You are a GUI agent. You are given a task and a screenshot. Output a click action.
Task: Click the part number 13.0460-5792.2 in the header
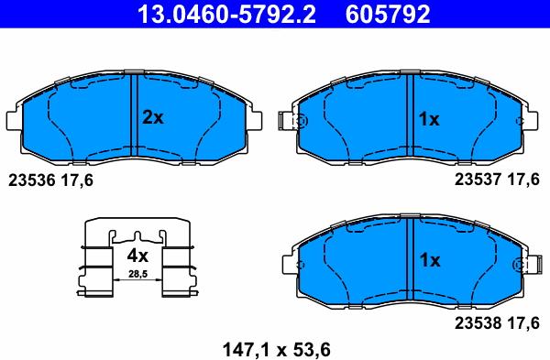tap(226, 14)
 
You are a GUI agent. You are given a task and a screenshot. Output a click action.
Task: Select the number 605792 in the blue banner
tap(388, 14)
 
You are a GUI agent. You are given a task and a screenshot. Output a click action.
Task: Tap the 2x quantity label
tap(153, 117)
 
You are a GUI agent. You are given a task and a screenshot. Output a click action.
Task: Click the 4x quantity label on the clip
tap(137, 256)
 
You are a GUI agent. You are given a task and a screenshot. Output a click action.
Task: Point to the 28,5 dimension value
tap(137, 274)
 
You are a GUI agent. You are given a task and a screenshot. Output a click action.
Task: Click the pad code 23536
tap(32, 180)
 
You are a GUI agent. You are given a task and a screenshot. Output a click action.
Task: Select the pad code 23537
tap(478, 180)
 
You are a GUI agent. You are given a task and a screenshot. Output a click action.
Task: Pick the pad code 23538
tap(478, 322)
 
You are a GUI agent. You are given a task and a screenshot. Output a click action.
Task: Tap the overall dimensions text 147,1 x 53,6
tap(277, 350)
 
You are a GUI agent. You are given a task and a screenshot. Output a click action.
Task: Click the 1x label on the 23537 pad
tap(429, 119)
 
